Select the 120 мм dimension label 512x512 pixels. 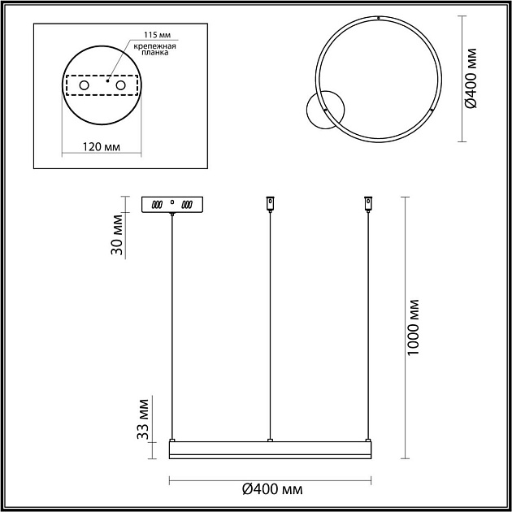click(102, 147)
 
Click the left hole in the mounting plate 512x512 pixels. click(84, 85)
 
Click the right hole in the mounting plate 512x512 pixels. click(121, 85)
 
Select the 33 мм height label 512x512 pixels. click(143, 418)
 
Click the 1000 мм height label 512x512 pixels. click(414, 325)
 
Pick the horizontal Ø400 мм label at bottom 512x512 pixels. click(272, 489)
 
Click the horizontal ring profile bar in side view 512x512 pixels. click(270, 449)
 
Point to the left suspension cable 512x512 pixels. click(171, 325)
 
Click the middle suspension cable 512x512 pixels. click(270, 325)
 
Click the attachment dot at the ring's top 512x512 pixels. click(378, 16)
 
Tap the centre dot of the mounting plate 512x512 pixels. click(108, 80)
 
